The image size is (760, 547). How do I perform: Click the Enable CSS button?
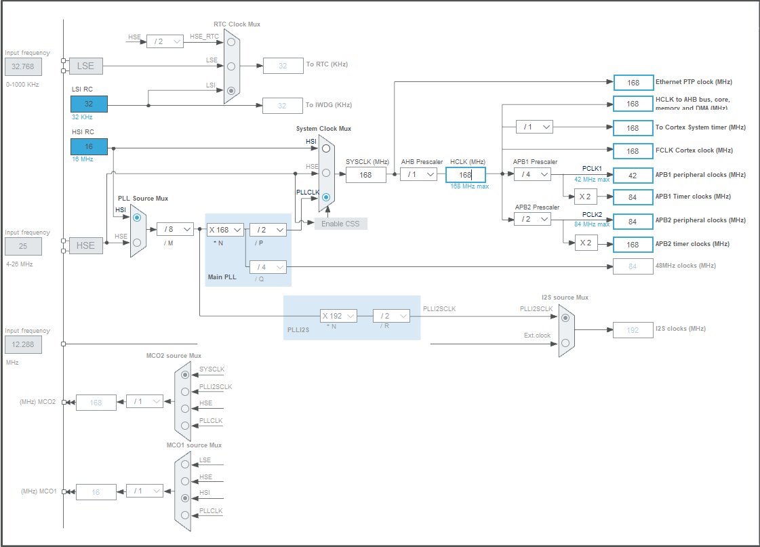(x=340, y=224)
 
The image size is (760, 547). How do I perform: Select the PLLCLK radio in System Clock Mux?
(x=326, y=198)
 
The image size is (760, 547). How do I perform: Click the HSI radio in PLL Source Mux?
(x=138, y=218)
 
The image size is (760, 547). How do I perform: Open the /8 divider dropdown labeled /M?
(x=174, y=230)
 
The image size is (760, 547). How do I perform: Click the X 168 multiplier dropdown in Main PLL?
(x=224, y=230)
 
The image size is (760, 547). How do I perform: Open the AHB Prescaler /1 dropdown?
(x=418, y=175)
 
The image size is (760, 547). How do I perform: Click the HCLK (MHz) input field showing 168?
(x=465, y=175)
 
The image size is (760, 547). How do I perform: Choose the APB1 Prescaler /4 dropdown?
(x=532, y=175)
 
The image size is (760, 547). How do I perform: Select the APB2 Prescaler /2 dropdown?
(x=532, y=220)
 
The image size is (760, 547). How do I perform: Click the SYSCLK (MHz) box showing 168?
(x=365, y=175)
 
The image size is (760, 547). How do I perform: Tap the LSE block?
(x=85, y=66)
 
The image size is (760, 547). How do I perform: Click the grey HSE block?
(x=85, y=245)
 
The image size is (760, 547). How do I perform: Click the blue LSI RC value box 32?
(x=89, y=104)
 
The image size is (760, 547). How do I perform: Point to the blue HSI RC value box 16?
(x=89, y=146)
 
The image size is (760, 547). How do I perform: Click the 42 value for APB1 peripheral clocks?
(x=633, y=175)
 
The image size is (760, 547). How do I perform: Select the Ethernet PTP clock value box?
(x=633, y=83)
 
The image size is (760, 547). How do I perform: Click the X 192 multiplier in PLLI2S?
(x=338, y=316)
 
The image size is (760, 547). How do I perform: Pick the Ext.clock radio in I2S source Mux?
(x=565, y=343)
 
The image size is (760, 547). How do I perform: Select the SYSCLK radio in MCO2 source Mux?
(x=185, y=374)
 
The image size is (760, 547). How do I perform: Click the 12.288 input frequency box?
(x=23, y=345)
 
